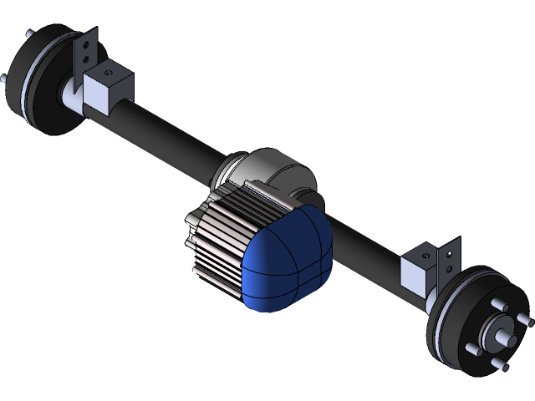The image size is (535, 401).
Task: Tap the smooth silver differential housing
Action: [x=276, y=171]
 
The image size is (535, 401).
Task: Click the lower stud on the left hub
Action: [x=6, y=80]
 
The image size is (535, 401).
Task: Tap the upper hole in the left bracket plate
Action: [x=86, y=42]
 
